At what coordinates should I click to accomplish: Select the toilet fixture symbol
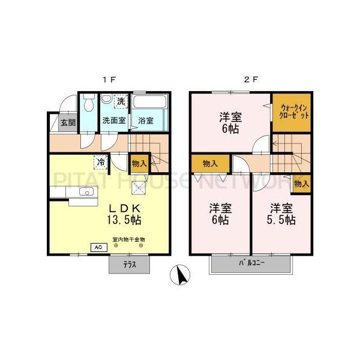tap(88, 105)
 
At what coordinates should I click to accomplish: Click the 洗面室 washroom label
tap(113, 120)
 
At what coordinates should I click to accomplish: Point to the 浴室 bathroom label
tap(146, 120)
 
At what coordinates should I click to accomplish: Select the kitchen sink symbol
tap(86, 193)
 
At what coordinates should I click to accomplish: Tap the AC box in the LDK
tap(97, 247)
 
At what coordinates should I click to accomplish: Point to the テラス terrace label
tap(128, 265)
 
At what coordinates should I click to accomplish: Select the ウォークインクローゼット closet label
tap(294, 113)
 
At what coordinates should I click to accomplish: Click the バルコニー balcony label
tap(252, 263)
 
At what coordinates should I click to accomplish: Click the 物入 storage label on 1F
tap(139, 163)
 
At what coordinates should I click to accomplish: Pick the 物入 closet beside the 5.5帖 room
tap(301, 184)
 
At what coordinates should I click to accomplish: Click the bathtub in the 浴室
tap(149, 105)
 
